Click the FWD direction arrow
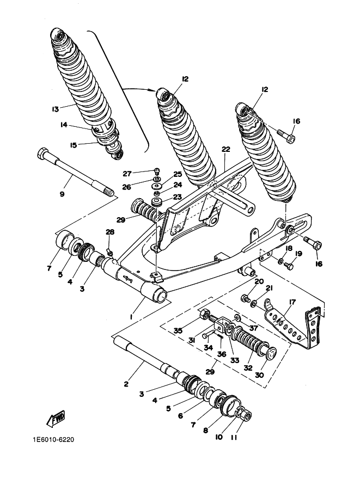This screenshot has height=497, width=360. click(56, 418)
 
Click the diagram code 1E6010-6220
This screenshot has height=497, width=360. click(53, 440)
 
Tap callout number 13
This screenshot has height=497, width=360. click(55, 109)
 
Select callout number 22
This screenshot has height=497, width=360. click(226, 149)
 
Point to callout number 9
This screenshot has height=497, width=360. click(62, 194)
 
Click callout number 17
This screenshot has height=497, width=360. click(292, 302)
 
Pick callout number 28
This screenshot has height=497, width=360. click(110, 232)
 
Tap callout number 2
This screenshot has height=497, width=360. click(126, 384)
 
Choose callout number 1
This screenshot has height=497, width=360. click(131, 317)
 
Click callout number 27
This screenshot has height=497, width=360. click(127, 174)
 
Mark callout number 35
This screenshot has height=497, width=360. click(178, 331)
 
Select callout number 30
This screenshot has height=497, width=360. click(259, 375)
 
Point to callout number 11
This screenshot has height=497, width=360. click(234, 438)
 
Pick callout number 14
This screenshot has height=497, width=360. click(64, 125)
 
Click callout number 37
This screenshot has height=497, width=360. click(254, 328)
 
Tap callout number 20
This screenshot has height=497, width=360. click(259, 281)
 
